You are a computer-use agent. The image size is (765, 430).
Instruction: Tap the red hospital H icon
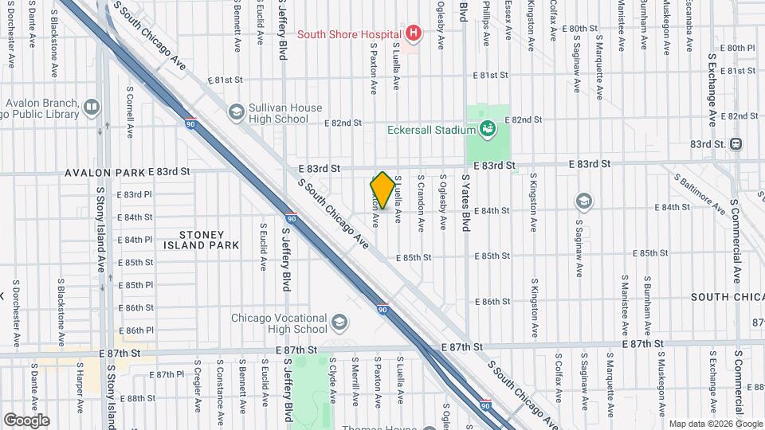click(x=413, y=33)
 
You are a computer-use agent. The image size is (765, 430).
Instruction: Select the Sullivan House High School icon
click(x=236, y=112)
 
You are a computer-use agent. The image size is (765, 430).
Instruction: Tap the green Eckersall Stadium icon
click(x=487, y=128)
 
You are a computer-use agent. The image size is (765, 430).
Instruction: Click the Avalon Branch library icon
click(x=92, y=107)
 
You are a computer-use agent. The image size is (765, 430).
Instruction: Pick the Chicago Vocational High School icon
click(x=340, y=322)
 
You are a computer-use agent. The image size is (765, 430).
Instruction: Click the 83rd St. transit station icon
click(x=736, y=144)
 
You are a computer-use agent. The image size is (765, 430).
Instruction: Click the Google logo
click(x=26, y=420)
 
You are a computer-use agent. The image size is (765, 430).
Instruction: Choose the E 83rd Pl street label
click(x=135, y=194)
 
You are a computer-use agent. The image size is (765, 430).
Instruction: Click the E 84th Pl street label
click(x=135, y=240)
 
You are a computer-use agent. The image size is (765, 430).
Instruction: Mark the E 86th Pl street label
click(x=135, y=330)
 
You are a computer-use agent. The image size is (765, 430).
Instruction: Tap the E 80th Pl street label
click(x=737, y=48)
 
